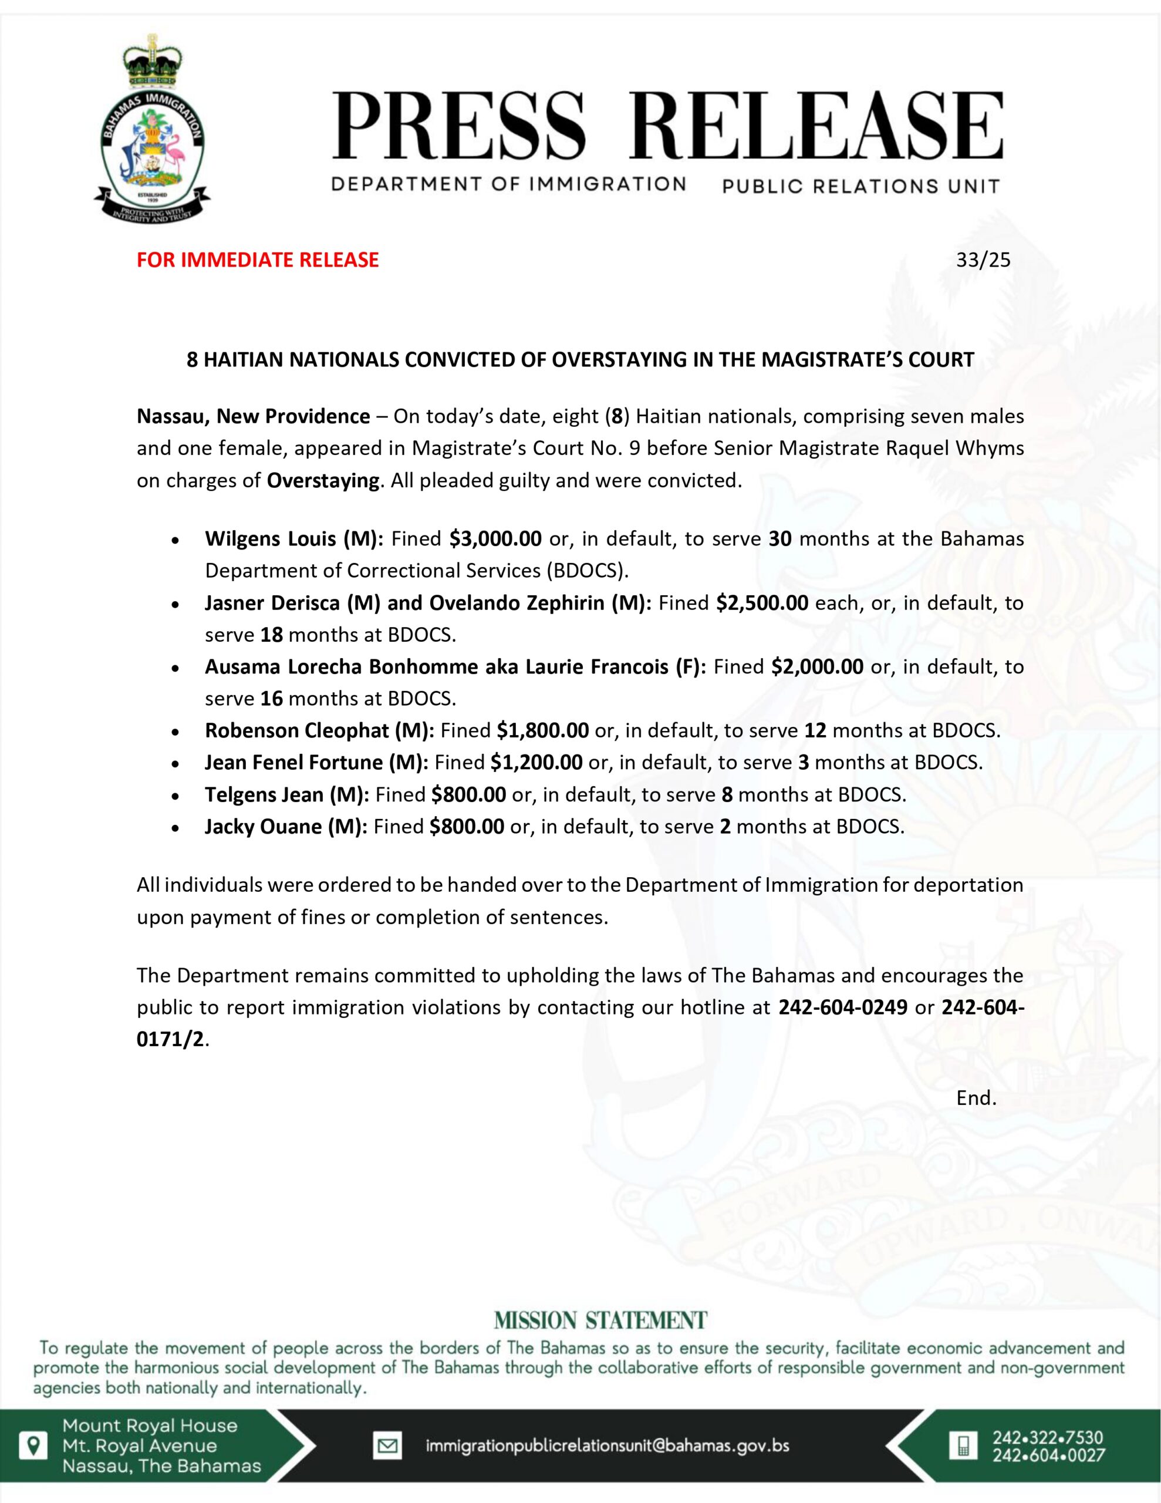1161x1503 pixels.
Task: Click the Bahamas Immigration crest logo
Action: (x=152, y=127)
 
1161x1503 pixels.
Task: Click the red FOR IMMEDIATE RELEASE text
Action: (x=258, y=260)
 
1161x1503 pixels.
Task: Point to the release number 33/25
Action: (x=983, y=260)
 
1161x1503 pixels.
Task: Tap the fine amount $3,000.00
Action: (x=495, y=539)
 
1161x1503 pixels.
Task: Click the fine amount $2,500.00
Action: (x=762, y=603)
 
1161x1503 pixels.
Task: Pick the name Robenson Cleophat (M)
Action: (x=319, y=731)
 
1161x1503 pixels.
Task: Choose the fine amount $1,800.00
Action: (x=542, y=731)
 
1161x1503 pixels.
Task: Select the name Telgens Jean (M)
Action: (x=287, y=795)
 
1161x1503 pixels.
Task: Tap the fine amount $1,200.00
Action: (x=536, y=763)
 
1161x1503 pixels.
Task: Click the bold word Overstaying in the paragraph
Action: (x=323, y=480)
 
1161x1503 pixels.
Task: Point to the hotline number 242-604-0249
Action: (x=842, y=1007)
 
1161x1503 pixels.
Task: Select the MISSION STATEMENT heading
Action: (x=600, y=1320)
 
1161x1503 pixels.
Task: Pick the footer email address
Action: (x=607, y=1446)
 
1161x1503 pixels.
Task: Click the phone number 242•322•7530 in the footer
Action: (x=1048, y=1438)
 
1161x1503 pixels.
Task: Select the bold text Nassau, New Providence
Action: (x=253, y=417)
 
